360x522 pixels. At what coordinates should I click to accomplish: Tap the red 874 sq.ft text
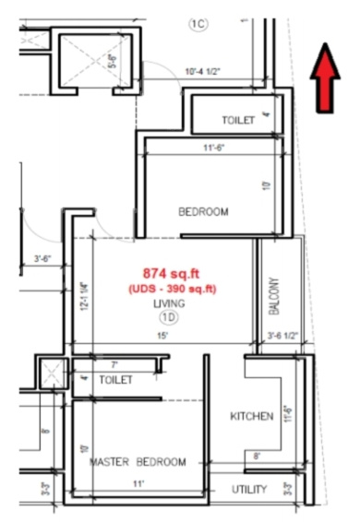[165, 273]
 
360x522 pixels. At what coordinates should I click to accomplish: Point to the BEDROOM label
[202, 212]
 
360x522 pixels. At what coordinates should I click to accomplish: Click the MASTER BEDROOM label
[138, 461]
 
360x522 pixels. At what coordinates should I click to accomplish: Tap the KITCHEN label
[251, 417]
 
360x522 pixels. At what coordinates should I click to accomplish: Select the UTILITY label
[249, 490]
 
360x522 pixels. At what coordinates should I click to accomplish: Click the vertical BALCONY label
[273, 293]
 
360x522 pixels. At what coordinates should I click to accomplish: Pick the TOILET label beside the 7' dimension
[115, 379]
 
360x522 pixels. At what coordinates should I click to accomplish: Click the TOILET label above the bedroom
[238, 121]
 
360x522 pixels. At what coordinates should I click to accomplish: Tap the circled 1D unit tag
[169, 317]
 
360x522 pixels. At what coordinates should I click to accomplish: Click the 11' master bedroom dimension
[140, 483]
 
